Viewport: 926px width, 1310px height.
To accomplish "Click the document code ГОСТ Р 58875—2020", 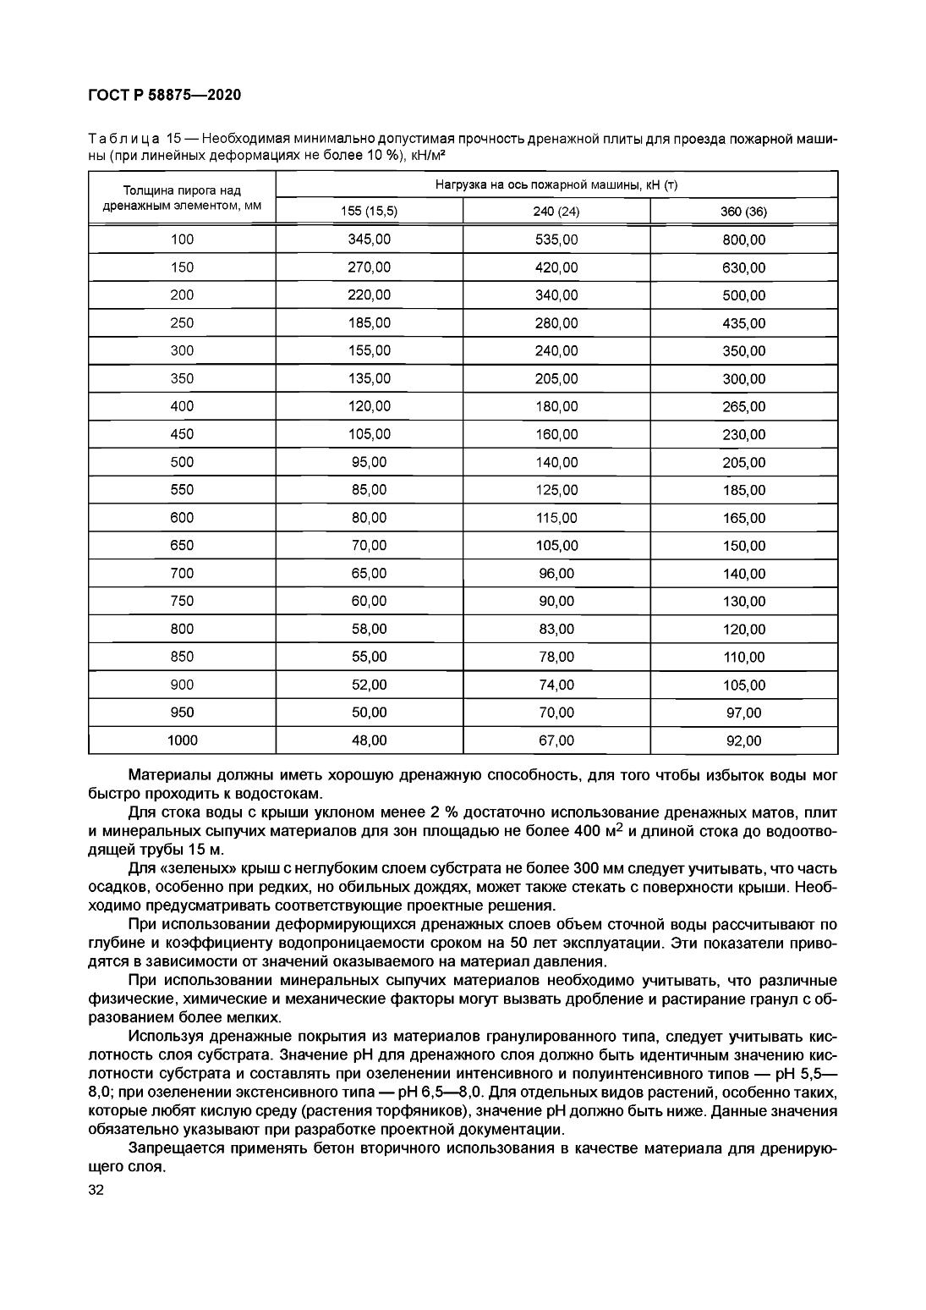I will [165, 95].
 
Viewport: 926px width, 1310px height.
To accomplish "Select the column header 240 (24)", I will [556, 212].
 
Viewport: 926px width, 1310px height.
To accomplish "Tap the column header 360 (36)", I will [743, 212].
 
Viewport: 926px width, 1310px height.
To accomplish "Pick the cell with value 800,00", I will [743, 240].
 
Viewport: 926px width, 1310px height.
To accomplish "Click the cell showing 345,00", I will [370, 240].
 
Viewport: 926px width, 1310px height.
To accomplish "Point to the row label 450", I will [182, 435].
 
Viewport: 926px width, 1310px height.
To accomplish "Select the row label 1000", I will [182, 741].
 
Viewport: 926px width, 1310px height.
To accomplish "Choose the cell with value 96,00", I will [556, 574].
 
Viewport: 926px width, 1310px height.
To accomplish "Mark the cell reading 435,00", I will [743, 323].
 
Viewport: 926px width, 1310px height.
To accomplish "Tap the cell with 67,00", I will [556, 741].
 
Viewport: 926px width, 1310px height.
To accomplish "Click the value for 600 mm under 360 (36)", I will [743, 518].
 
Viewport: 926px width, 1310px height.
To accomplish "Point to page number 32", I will [96, 1191].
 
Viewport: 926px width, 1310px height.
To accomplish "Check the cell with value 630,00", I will [743, 268].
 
